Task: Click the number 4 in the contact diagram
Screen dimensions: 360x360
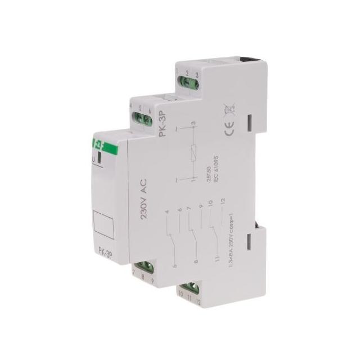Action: click(x=167, y=213)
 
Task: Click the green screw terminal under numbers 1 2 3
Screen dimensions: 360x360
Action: click(x=185, y=85)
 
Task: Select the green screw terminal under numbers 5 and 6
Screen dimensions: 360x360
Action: click(x=143, y=118)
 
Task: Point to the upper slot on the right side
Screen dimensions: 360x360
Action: click(x=250, y=123)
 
